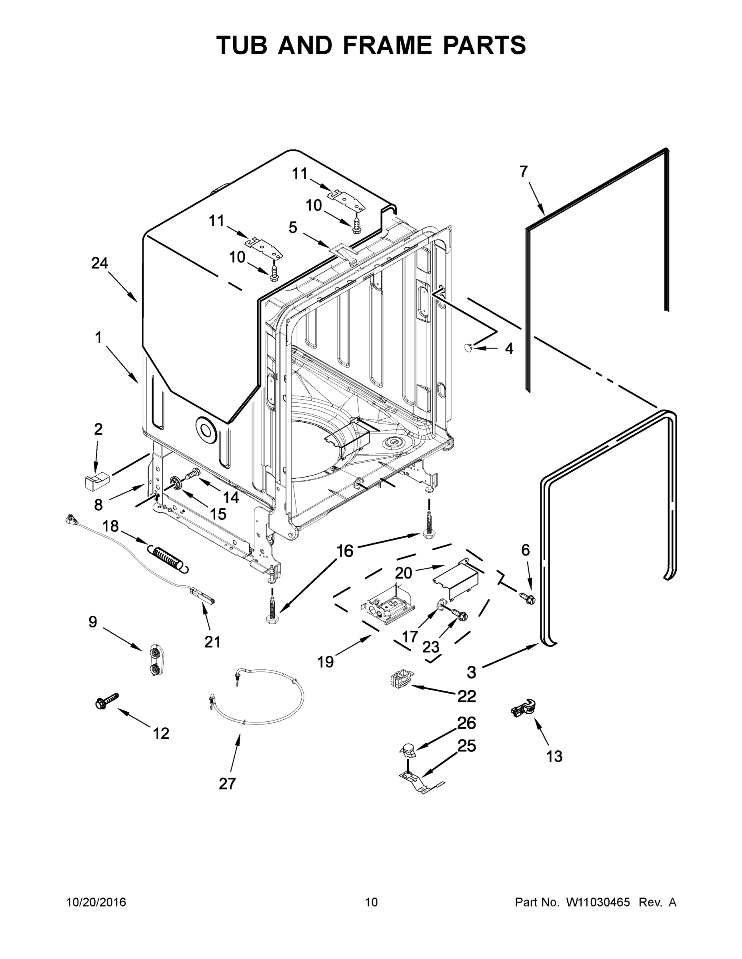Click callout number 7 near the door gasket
tap(523, 172)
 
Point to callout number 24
tap(99, 263)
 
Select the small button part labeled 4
tap(468, 348)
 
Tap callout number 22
tap(466, 696)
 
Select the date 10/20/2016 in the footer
tap(96, 902)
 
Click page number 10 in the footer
tap(371, 902)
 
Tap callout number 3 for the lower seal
tap(471, 672)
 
